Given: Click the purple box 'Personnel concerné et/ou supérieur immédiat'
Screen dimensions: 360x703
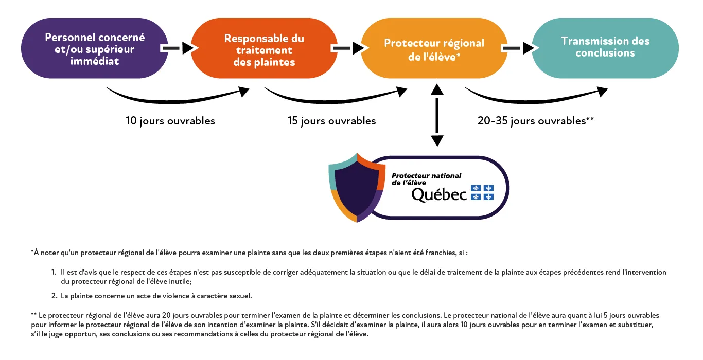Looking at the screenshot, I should pyautogui.click(x=95, y=49).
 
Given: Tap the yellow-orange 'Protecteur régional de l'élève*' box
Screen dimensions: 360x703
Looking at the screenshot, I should pyautogui.click(x=434, y=49).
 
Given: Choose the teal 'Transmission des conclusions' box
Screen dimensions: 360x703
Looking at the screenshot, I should pyautogui.click(x=605, y=47).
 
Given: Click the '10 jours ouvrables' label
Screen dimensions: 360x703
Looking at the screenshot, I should pyautogui.click(x=170, y=121).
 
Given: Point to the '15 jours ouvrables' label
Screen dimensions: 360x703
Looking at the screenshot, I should pyautogui.click(x=331, y=121).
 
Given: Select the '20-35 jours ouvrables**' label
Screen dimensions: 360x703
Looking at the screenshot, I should pyautogui.click(x=536, y=121).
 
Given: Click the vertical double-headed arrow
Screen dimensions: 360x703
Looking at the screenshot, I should pyautogui.click(x=437, y=115).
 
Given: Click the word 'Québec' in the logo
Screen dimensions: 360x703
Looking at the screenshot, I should pyautogui.click(x=439, y=194).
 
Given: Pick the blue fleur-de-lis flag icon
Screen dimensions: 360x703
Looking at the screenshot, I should pyautogui.click(x=482, y=192).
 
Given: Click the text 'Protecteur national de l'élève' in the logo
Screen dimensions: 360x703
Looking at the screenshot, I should pyautogui.click(x=426, y=179).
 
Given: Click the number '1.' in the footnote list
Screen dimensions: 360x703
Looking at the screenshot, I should pyautogui.click(x=54, y=272).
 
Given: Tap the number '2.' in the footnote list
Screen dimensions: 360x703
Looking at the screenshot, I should pyautogui.click(x=54, y=296).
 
